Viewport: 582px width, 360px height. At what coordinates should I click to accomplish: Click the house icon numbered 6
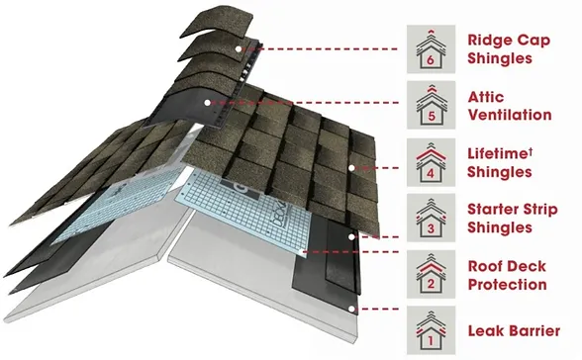431,49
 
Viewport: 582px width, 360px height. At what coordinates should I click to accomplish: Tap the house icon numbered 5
431,105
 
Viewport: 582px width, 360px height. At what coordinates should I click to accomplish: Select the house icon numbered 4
431,162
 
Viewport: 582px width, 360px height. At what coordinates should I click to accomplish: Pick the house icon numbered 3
431,218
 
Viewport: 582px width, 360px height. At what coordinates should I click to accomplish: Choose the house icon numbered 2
431,274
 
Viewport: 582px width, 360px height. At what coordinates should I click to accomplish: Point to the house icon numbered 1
431,330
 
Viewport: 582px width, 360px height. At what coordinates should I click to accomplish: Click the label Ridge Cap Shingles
509,49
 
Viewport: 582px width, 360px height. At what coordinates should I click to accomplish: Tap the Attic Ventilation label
509,106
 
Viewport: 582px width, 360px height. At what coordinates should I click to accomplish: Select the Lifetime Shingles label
500,163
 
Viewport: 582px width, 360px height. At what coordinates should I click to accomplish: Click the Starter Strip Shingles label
513,219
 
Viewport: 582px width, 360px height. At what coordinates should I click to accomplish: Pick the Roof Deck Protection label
507,276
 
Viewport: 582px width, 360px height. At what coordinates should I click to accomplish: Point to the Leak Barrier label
514,330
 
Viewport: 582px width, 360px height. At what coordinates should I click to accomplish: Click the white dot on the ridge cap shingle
239,48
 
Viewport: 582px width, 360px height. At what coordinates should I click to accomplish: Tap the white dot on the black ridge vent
207,103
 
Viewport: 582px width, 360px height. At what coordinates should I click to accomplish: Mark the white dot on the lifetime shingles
351,168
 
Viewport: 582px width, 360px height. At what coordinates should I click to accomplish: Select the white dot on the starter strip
351,236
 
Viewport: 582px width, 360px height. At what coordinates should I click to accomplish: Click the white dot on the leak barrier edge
351,309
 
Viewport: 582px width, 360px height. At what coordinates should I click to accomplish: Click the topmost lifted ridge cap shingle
218,22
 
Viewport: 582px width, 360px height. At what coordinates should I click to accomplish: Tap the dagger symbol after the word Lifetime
531,151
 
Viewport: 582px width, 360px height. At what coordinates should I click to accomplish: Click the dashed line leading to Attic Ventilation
305,103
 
